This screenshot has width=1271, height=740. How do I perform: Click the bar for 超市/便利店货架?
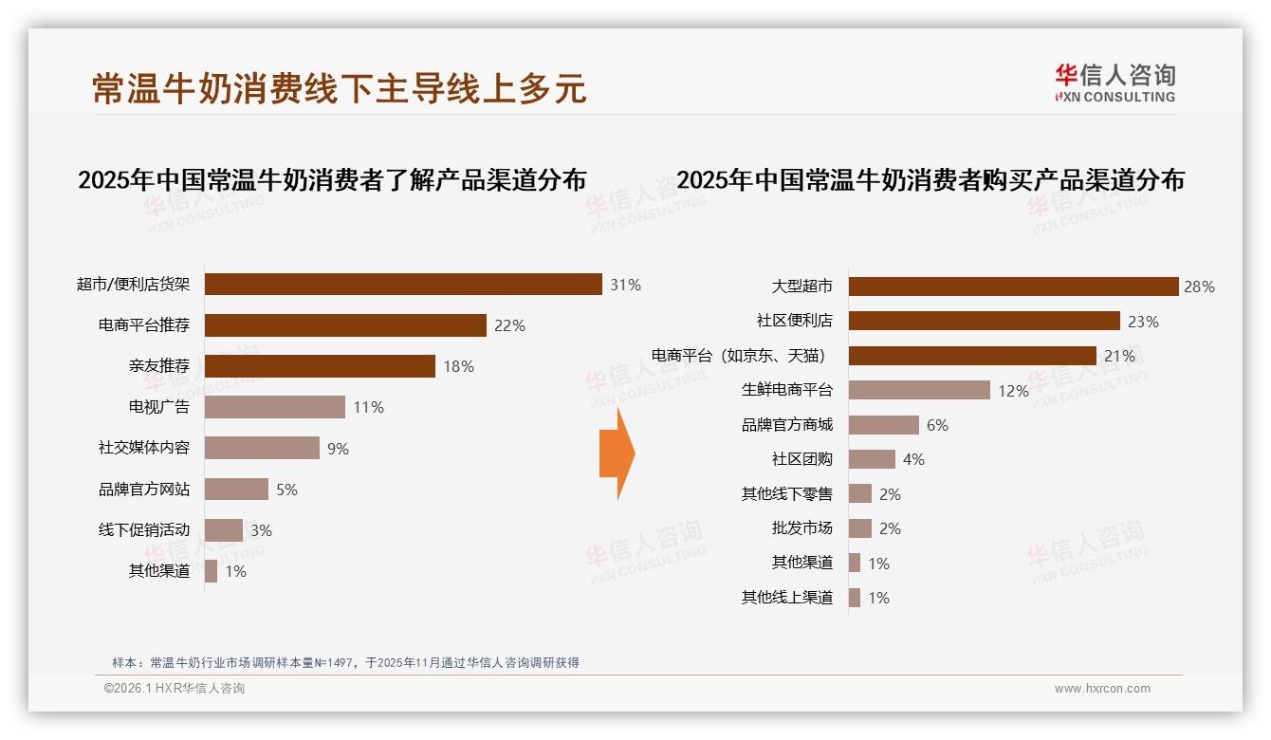(x=403, y=285)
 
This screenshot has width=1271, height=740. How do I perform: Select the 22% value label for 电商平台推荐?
(x=509, y=325)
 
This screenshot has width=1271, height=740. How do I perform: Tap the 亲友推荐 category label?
(x=159, y=366)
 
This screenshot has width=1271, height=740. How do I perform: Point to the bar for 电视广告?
(x=275, y=407)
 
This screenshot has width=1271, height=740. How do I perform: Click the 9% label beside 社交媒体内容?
(x=338, y=449)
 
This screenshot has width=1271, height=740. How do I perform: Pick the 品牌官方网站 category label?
(x=144, y=490)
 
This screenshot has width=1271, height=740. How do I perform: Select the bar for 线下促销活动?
(x=224, y=530)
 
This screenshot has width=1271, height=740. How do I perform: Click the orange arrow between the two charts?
(x=617, y=453)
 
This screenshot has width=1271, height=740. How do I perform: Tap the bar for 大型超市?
(x=1013, y=287)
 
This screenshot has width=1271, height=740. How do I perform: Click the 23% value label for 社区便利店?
(x=1143, y=322)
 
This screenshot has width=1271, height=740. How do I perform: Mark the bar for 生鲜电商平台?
(x=919, y=390)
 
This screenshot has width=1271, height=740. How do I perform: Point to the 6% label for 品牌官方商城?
(x=937, y=425)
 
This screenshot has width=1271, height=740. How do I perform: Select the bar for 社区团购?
(x=872, y=459)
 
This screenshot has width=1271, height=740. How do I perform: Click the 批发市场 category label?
(x=802, y=528)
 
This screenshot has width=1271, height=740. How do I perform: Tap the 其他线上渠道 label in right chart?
(x=787, y=598)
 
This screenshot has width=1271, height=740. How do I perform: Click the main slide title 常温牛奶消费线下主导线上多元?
(x=339, y=87)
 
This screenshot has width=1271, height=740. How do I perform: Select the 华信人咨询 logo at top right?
(x=1114, y=83)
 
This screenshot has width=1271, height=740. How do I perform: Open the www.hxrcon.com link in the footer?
(x=1102, y=689)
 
